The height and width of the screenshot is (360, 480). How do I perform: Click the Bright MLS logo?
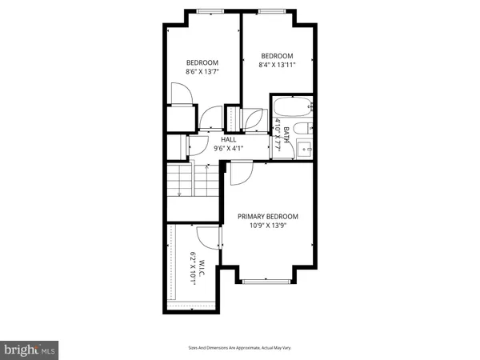click(x=30, y=350)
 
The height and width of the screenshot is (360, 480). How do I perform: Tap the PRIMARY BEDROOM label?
click(x=267, y=217)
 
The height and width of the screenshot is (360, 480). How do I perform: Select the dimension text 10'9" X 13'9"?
click(x=267, y=226)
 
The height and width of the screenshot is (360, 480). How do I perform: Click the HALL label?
click(x=228, y=138)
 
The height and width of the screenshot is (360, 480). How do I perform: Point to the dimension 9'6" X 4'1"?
click(x=228, y=148)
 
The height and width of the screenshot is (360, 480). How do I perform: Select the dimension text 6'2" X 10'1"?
click(x=193, y=265)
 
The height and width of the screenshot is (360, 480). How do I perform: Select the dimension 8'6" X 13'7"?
click(x=202, y=72)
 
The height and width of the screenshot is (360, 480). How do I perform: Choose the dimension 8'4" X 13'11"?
click(x=278, y=65)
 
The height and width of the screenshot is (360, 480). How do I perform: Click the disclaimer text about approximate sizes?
click(x=240, y=348)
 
